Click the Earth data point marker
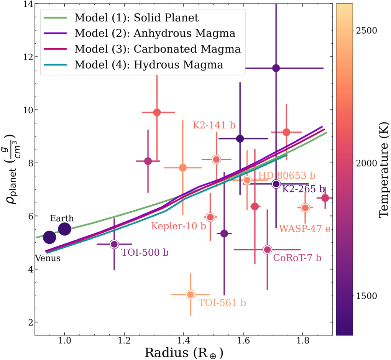coord(64,229)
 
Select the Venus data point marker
coord(49,237)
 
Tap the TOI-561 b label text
coord(222,302)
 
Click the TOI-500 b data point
coord(114,244)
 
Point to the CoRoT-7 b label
coord(297,258)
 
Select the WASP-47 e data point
coord(305,208)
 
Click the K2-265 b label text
coord(304,189)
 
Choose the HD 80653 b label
coord(286,176)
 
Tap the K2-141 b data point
coord(216,159)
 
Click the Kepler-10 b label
coord(179,226)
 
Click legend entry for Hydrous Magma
coord(148,65)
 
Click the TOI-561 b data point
coord(190,294)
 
